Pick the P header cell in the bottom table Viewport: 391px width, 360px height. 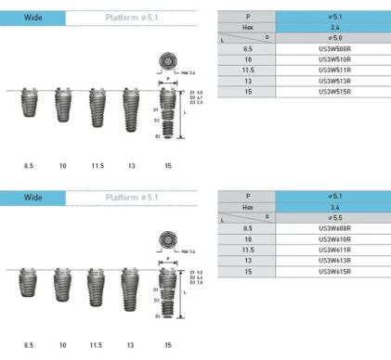coord(248,197)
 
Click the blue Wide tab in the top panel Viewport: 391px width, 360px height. coord(33,17)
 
